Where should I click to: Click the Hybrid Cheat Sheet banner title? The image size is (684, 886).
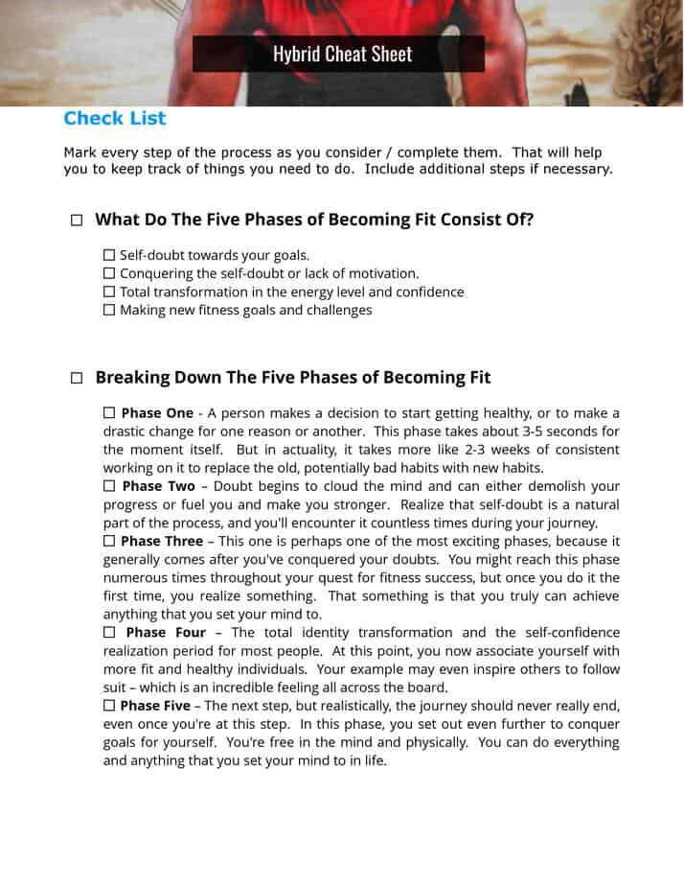(342, 54)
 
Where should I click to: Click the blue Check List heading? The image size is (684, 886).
(115, 118)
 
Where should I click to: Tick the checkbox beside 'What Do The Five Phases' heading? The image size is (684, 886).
(77, 221)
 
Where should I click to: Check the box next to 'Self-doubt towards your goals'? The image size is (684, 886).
(109, 255)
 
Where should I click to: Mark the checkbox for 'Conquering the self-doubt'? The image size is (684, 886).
(109, 273)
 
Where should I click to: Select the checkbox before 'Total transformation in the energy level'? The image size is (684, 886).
(109, 291)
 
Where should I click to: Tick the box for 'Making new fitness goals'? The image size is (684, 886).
(109, 310)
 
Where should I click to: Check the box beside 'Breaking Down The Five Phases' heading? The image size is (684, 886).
(77, 379)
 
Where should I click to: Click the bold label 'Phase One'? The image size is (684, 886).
(157, 413)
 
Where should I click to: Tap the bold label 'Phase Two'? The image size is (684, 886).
(158, 486)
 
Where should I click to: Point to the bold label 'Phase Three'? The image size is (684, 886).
(163, 542)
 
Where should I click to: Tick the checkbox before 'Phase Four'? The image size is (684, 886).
(109, 633)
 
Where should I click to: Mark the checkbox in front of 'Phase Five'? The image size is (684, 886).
(109, 706)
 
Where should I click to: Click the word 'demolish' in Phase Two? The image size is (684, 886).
(553, 486)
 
